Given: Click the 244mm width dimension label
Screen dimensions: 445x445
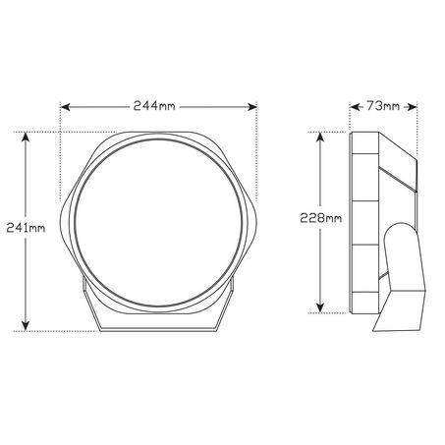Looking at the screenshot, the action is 154,106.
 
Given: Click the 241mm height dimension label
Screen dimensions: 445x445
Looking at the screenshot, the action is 26,228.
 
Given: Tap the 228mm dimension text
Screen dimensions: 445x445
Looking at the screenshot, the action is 321,218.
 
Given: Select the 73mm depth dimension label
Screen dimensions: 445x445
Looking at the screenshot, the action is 383,106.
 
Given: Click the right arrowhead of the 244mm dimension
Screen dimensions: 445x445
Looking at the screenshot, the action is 252,107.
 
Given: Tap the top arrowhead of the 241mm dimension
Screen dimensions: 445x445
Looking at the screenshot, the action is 26,137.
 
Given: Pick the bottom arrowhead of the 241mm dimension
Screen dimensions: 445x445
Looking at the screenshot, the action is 26,326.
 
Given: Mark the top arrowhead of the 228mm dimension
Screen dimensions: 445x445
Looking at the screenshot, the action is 320,137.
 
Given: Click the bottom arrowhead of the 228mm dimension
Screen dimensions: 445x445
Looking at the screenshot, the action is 320,307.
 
